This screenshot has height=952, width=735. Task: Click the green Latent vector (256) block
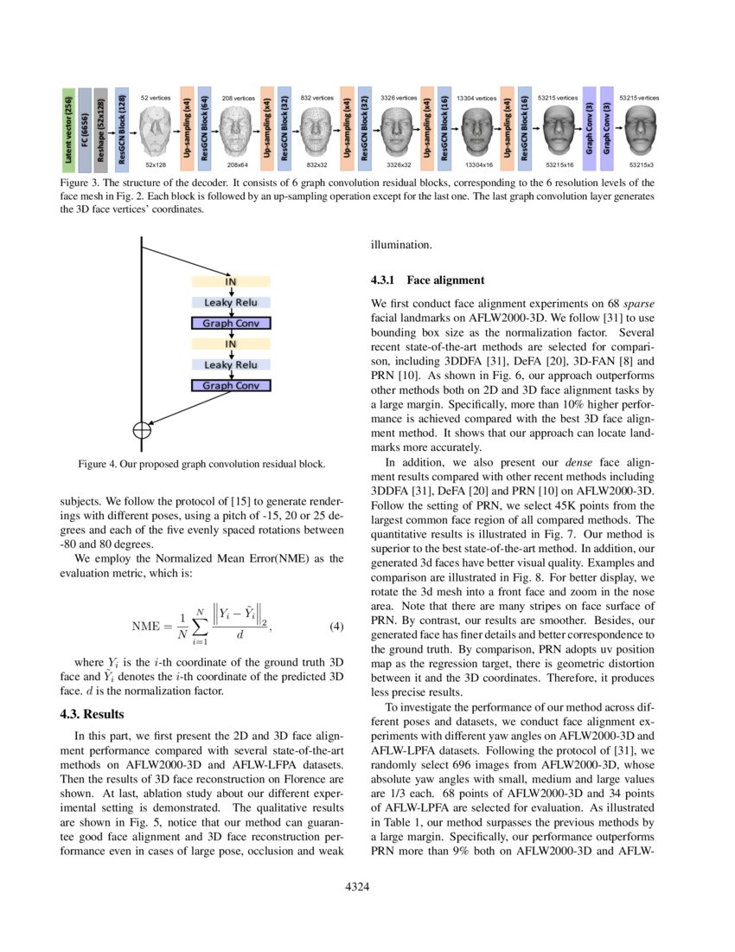pos(68,130)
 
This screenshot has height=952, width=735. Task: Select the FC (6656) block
pos(85,130)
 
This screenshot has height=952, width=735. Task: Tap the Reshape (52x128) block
pos(101,130)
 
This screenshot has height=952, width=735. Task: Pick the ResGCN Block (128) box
pos(122,130)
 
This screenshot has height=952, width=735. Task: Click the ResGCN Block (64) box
pos(204,130)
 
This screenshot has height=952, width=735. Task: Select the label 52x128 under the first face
pos(155,164)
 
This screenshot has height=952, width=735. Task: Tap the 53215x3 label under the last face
pos(642,164)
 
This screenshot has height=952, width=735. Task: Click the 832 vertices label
pos(316,99)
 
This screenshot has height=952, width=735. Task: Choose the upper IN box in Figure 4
pos(231,281)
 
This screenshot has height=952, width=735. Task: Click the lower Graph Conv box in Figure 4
pos(231,385)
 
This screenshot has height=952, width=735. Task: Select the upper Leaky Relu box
pos(231,302)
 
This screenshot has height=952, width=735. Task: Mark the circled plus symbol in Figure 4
pos(141,428)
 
